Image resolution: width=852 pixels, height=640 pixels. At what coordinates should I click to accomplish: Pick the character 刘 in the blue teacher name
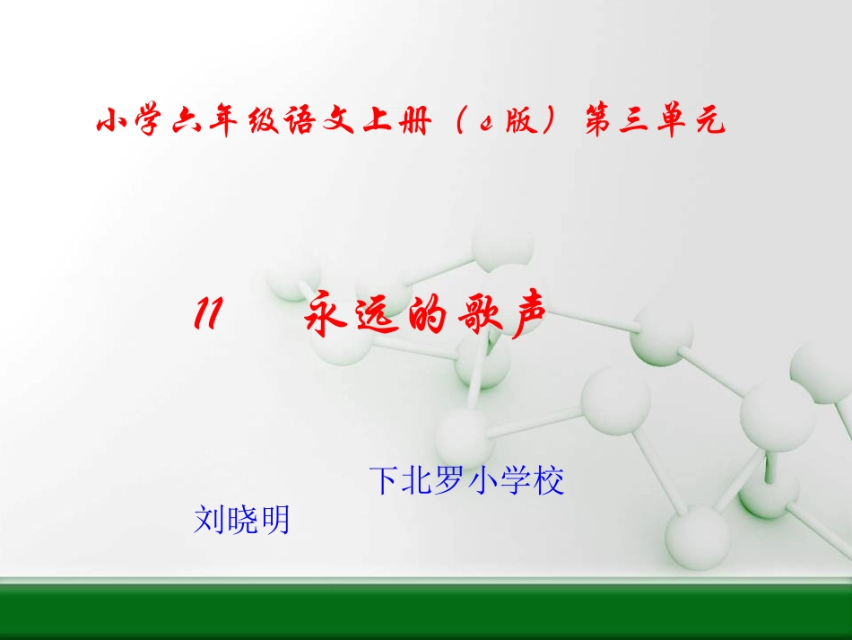tap(209, 520)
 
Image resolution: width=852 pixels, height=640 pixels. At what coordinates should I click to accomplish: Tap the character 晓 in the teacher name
tap(242, 520)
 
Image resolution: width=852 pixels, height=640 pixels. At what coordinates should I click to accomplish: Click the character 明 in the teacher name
tap(274, 520)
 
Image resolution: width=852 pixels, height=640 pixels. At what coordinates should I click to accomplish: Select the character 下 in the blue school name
tap(384, 481)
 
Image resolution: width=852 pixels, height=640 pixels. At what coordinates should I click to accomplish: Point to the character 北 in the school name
tap(417, 481)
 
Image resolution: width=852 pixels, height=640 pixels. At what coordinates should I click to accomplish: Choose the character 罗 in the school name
tap(450, 481)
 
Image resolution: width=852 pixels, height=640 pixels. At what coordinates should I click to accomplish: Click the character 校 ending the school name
tap(549, 481)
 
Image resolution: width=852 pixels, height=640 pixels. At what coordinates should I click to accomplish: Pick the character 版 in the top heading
tap(516, 121)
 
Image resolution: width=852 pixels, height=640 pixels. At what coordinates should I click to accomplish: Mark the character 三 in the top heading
tap(635, 121)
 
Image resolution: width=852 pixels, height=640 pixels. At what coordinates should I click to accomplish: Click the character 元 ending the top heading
tap(709, 121)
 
